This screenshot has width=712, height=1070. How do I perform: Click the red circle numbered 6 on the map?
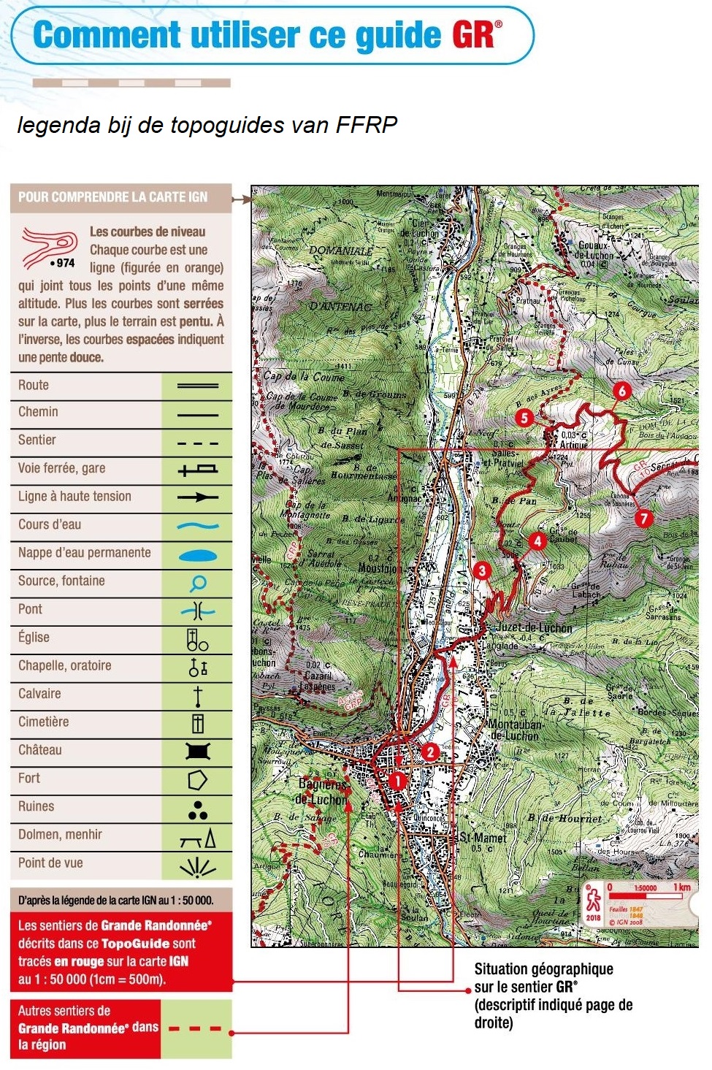point(621,391)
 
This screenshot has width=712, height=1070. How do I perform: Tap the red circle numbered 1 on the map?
point(397,780)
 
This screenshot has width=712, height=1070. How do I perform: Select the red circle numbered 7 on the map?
point(643,519)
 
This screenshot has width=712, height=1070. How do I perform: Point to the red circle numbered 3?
point(481,570)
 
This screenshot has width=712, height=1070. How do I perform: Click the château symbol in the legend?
point(197,751)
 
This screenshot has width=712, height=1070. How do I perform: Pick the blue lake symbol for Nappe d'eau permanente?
point(198,556)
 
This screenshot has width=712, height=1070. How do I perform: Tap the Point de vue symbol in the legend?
point(197,866)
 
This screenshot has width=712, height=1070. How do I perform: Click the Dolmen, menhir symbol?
point(198,838)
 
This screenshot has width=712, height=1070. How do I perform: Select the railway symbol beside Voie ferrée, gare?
point(198,470)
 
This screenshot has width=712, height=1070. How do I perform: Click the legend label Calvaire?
point(39,694)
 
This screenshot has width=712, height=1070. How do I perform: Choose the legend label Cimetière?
point(43,722)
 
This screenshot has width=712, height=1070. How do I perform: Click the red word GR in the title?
point(474,34)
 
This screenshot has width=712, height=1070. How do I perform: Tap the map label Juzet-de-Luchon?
point(534,628)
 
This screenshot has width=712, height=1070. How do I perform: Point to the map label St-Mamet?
point(482,837)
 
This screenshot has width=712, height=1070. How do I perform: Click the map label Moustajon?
point(378,568)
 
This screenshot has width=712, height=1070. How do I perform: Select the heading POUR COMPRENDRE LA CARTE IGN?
point(112,197)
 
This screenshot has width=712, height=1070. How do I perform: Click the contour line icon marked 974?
point(50,248)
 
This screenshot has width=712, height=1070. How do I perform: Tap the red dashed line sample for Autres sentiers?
point(195,1029)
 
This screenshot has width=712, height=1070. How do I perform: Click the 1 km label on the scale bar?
point(681,887)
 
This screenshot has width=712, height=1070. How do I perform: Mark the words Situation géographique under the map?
point(543,969)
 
